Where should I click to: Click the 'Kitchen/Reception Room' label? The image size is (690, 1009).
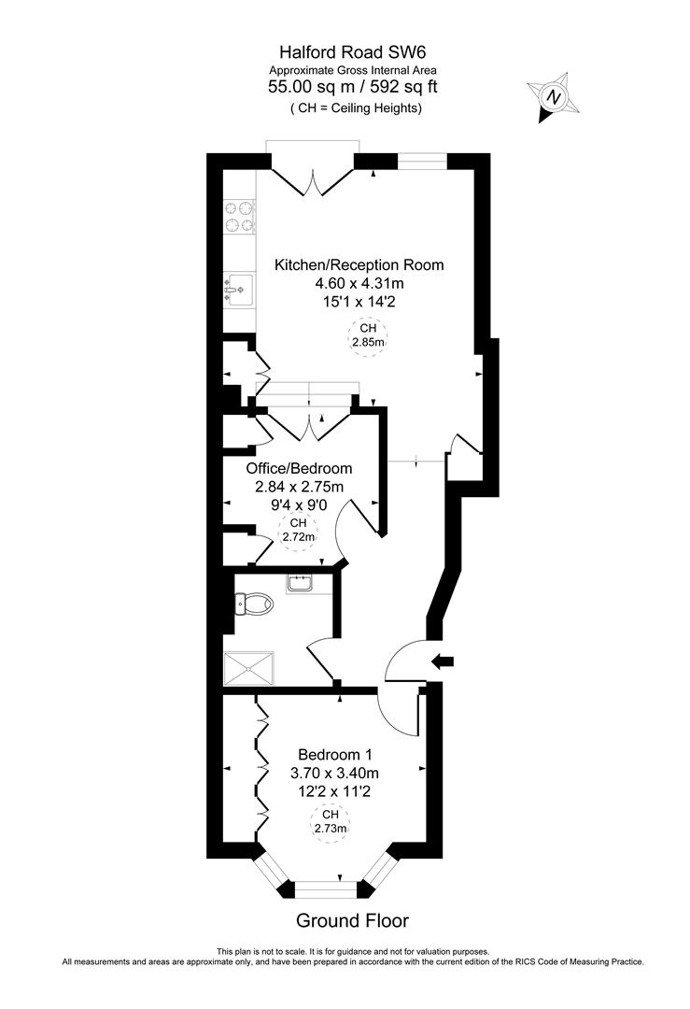coord(359,265)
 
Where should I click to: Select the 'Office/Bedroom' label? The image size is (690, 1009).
coord(299,468)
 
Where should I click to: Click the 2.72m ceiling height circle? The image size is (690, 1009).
coord(299,530)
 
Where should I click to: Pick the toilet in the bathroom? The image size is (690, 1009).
coord(252,605)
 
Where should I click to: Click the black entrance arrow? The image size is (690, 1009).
coord(442,661)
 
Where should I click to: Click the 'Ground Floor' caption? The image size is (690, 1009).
coord(352,920)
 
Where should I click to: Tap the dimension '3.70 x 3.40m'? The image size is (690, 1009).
coord(337,773)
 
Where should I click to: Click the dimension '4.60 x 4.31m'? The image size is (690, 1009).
coord(359,284)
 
